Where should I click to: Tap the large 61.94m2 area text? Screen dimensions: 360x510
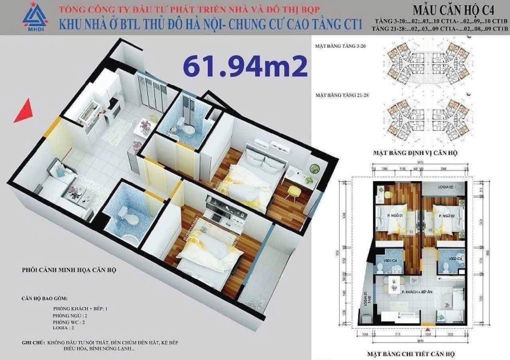pyautogui.click(x=245, y=66)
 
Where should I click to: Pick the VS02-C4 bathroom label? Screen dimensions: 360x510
pyautogui.click(x=455, y=258)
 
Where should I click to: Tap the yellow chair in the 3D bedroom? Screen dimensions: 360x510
pyautogui.click(x=291, y=190)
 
